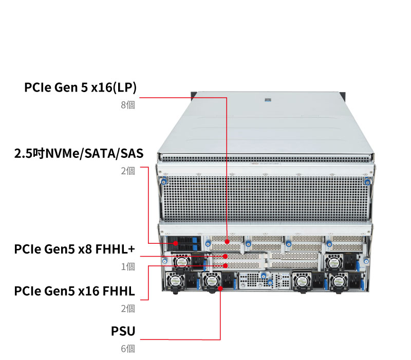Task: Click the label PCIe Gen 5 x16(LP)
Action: tap(80, 87)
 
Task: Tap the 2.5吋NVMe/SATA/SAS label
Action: tap(79, 153)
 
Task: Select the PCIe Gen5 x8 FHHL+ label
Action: tap(74, 249)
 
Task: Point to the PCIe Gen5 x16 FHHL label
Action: tap(74, 292)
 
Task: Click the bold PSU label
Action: tap(123, 331)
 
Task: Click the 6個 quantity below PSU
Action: tap(128, 349)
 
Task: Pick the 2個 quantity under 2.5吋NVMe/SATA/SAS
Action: tap(128, 171)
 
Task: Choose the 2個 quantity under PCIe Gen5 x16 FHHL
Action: tap(128, 309)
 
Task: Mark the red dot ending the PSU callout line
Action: tap(220, 288)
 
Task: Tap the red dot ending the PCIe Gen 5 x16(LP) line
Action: tap(227, 239)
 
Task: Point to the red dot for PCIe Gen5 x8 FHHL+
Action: tap(227, 256)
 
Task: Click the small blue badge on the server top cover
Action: tap(267, 100)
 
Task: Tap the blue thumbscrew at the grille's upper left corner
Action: tap(164, 181)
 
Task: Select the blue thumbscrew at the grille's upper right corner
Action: tap(367, 181)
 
